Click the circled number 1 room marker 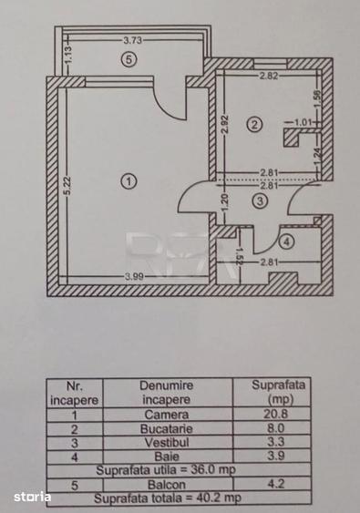tap(129, 181)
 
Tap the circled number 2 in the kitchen tap(254, 125)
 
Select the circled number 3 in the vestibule tap(260, 200)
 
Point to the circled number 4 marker tap(287, 241)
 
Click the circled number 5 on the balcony tap(129, 59)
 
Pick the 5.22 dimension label tap(67, 186)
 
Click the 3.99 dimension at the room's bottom tap(134, 276)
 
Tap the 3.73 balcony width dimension tap(132, 40)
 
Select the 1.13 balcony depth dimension tap(68, 56)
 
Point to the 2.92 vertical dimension tap(224, 125)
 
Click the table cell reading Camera tap(167, 415)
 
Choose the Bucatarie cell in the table tap(166, 429)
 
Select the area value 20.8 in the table tap(276, 414)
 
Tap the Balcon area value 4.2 tap(276, 484)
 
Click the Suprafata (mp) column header tap(279, 392)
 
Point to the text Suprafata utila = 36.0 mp tap(166, 470)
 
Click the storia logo tap(32, 497)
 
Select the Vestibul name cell tap(167, 443)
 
